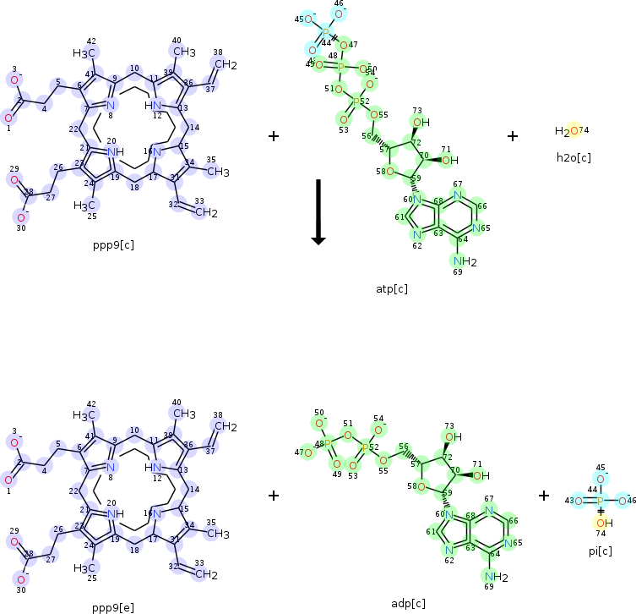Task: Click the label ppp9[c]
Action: click(x=114, y=246)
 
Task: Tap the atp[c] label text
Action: click(x=391, y=289)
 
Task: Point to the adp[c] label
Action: click(x=408, y=603)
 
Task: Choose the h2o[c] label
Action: click(x=573, y=157)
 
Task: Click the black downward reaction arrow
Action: click(x=318, y=211)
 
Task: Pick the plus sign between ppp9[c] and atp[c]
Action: click(x=274, y=135)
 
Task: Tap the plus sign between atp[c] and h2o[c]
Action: click(x=514, y=135)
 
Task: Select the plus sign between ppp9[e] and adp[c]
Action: click(x=274, y=496)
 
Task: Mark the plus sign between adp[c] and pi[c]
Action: click(x=544, y=496)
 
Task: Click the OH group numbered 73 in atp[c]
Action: click(x=420, y=122)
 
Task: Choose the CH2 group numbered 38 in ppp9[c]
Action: click(x=224, y=63)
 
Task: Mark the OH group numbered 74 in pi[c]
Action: click(x=601, y=523)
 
